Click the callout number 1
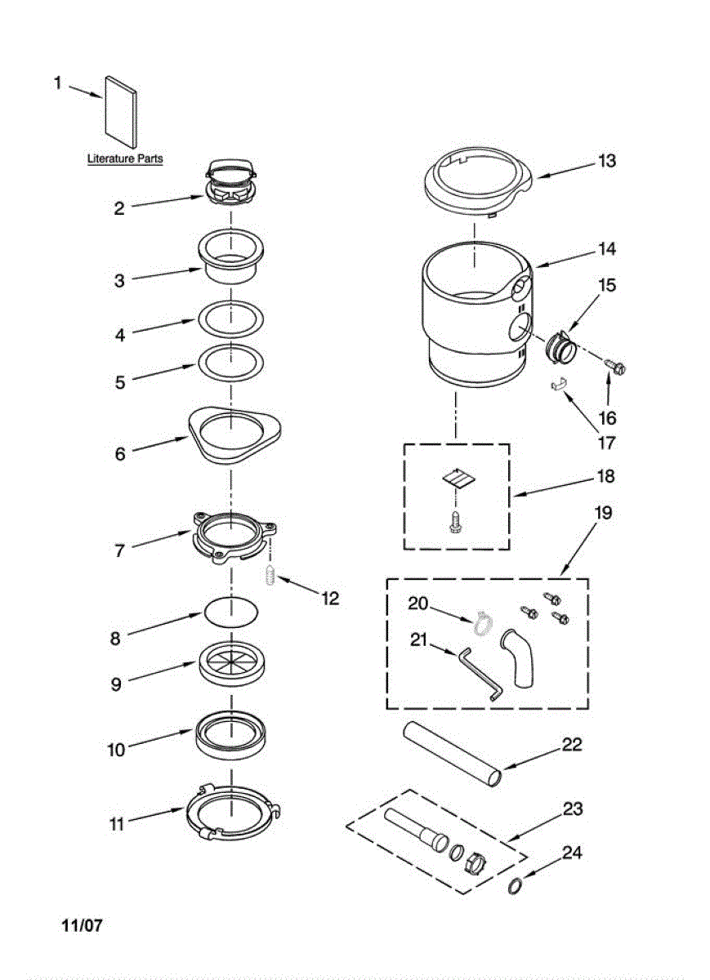(x=57, y=82)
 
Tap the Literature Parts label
(x=125, y=158)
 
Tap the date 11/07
(x=82, y=926)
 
